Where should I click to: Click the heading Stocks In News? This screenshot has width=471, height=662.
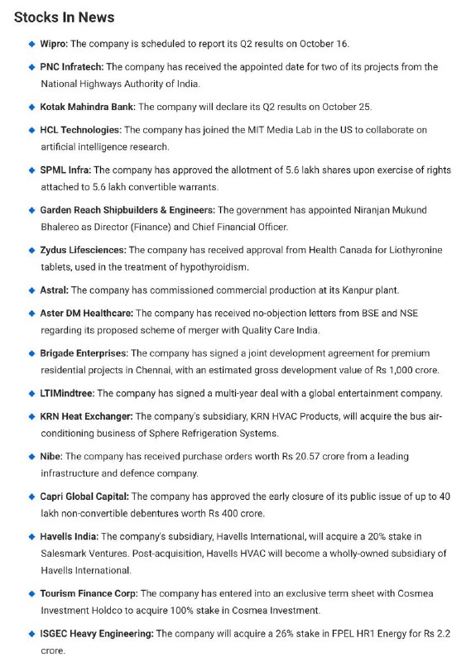coord(64,17)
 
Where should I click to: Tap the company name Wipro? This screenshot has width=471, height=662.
coord(55,43)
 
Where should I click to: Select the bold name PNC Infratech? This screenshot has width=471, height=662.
coord(72,66)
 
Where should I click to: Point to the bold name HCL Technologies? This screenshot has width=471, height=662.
coord(80,130)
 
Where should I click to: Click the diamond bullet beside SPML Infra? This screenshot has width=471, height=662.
coord(31,170)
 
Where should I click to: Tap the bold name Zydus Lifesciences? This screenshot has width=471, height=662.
coord(83,250)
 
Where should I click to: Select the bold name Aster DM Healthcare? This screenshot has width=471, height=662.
coord(86,314)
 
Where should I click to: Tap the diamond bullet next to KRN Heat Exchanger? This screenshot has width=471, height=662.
coord(31,416)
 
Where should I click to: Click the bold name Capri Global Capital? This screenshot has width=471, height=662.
coord(84,496)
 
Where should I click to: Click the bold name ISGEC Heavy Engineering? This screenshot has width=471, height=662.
coord(97,634)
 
